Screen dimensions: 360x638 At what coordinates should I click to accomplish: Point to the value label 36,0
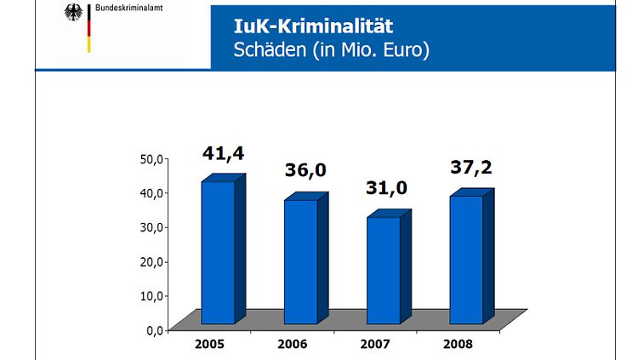305,170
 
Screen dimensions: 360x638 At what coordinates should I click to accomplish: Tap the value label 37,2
470,167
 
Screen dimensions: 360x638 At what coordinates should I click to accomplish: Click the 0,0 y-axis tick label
155,329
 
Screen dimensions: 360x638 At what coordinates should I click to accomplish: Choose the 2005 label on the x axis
208,345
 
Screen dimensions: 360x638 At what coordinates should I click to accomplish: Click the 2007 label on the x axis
374,345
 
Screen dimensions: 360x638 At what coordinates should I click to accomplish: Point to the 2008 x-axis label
458,345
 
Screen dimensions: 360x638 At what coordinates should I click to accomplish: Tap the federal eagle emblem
75,14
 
